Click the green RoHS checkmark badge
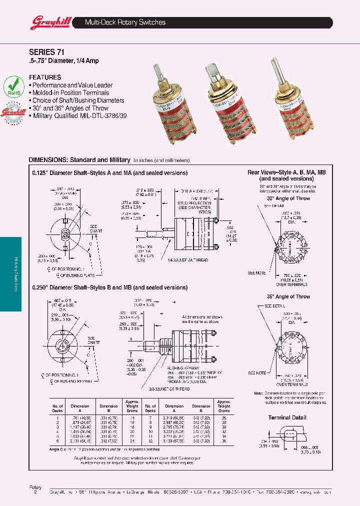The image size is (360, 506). pyautogui.click(x=14, y=86)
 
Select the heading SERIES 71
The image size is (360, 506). pyautogui.click(x=46, y=51)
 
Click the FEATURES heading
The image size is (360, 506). pyautogui.click(x=45, y=77)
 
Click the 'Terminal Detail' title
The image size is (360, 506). pyautogui.click(x=287, y=417)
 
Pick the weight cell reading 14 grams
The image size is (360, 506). pyautogui.click(x=132, y=417)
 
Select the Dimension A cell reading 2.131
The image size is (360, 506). pyautogui.click(x=80, y=441)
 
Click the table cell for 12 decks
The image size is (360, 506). pyautogui.click(x=149, y=441)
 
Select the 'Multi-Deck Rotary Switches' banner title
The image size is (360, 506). pyautogui.click(x=125, y=22)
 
